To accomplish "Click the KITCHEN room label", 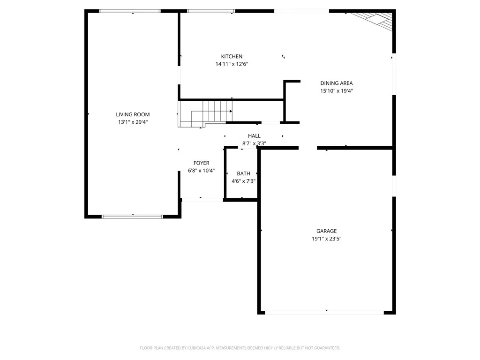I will tap(232, 57).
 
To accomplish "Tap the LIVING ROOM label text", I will tap(133, 114).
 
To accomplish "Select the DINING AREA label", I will tap(336, 83).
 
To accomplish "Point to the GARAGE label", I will tap(326, 231).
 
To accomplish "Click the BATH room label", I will tap(243, 173).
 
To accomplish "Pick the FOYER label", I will tap(201, 163).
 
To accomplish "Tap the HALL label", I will tap(254, 136).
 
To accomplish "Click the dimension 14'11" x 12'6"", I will tap(232, 64).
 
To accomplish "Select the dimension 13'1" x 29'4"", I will tap(133, 122).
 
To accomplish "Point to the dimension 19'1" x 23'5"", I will tap(326, 239).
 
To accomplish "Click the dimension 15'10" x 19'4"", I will tap(336, 91).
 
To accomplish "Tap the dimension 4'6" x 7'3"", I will tap(243, 181).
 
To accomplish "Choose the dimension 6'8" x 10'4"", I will tap(201, 171).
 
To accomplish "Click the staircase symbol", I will tap(206, 113).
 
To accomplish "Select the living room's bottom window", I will tap(132, 217).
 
